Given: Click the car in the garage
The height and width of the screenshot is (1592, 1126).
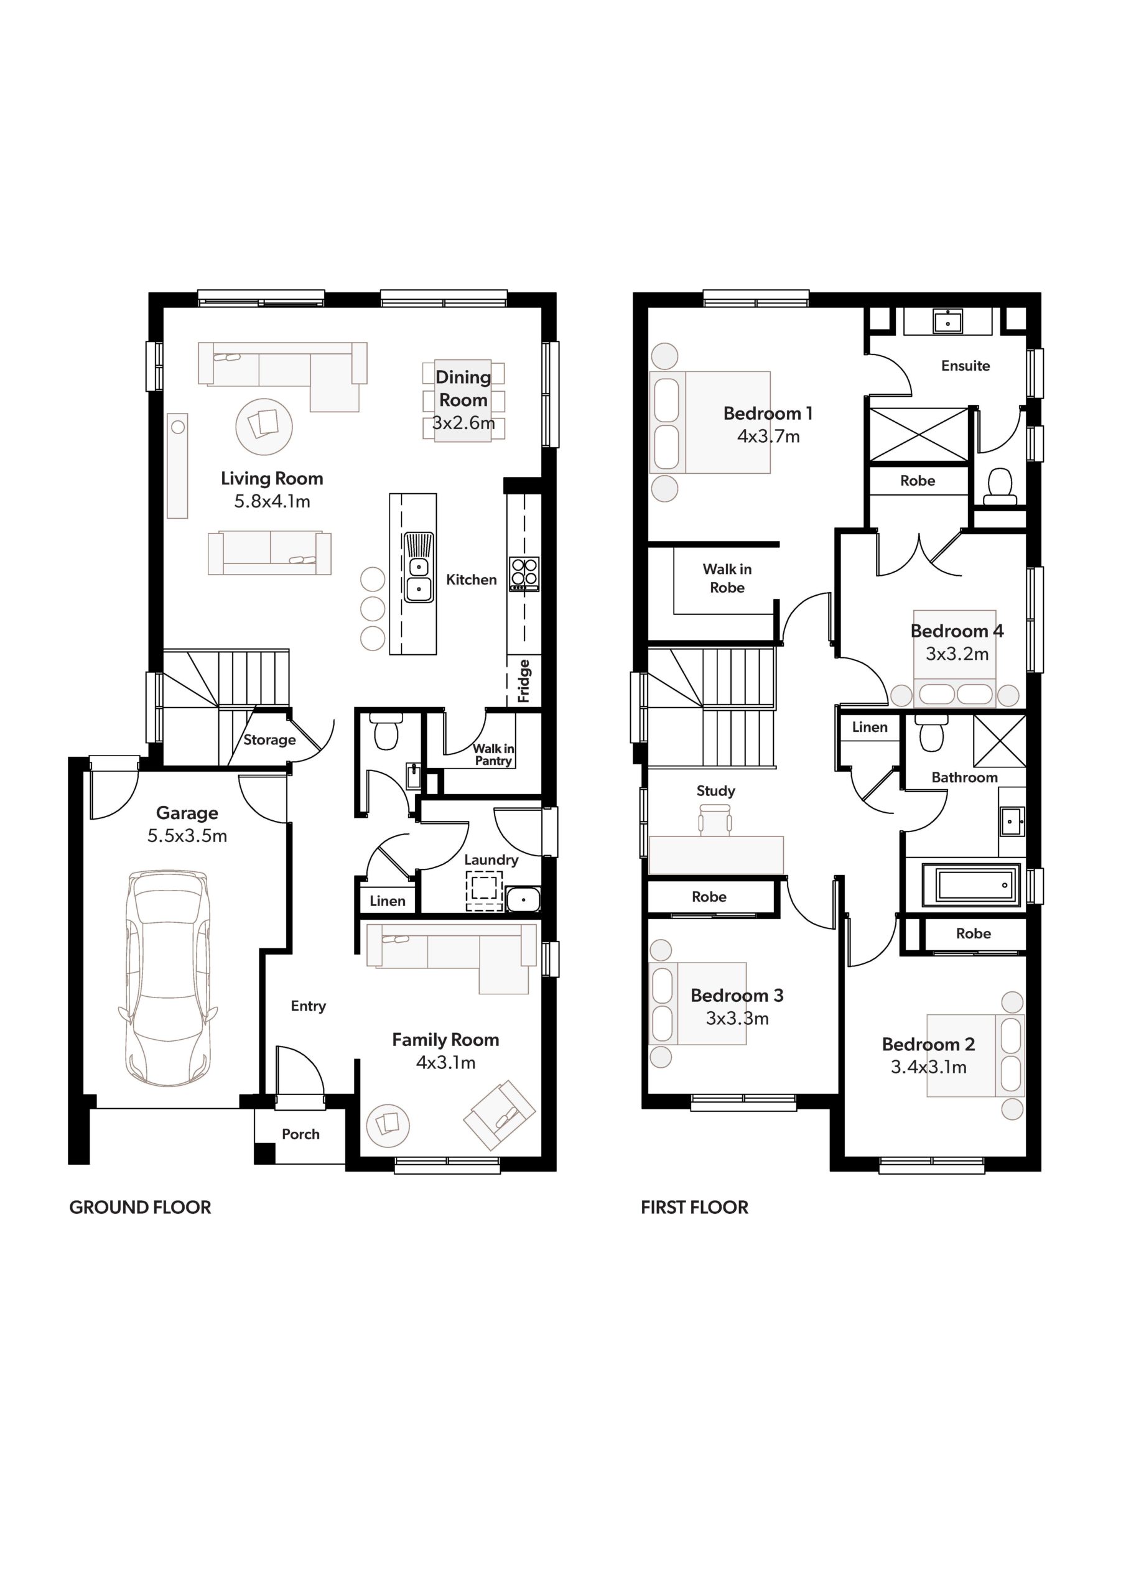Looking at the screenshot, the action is coord(168,978).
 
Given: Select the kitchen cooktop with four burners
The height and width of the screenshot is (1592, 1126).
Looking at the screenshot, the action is coord(524,574).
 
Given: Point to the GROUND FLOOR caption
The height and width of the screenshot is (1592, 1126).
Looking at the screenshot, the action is coord(140,1207).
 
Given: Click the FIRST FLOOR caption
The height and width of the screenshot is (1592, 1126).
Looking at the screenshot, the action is coord(694,1207).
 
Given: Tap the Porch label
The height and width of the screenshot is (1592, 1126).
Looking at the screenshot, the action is coord(300,1134).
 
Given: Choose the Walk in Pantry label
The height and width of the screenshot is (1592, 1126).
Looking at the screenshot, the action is coord(493,754).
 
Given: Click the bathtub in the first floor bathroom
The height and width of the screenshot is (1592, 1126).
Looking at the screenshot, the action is coord(971,886).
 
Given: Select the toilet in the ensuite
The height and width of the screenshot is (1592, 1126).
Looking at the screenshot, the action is coord(1000,486).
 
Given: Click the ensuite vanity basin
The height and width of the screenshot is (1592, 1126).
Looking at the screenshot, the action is coord(947,321).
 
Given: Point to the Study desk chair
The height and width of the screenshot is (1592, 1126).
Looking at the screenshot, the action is coord(715,820).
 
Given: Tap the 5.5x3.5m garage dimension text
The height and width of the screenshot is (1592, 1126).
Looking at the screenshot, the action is coord(187,836).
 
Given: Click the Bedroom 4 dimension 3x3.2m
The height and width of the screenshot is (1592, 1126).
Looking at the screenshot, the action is coord(957,654).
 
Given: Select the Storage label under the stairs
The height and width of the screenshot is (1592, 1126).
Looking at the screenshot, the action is coord(269,740).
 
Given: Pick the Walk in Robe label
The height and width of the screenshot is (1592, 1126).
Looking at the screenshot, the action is coord(727,578).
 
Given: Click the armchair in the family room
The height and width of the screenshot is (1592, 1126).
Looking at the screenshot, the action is coord(500,1115).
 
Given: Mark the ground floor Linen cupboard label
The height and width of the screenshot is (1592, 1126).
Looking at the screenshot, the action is coord(387,900).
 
